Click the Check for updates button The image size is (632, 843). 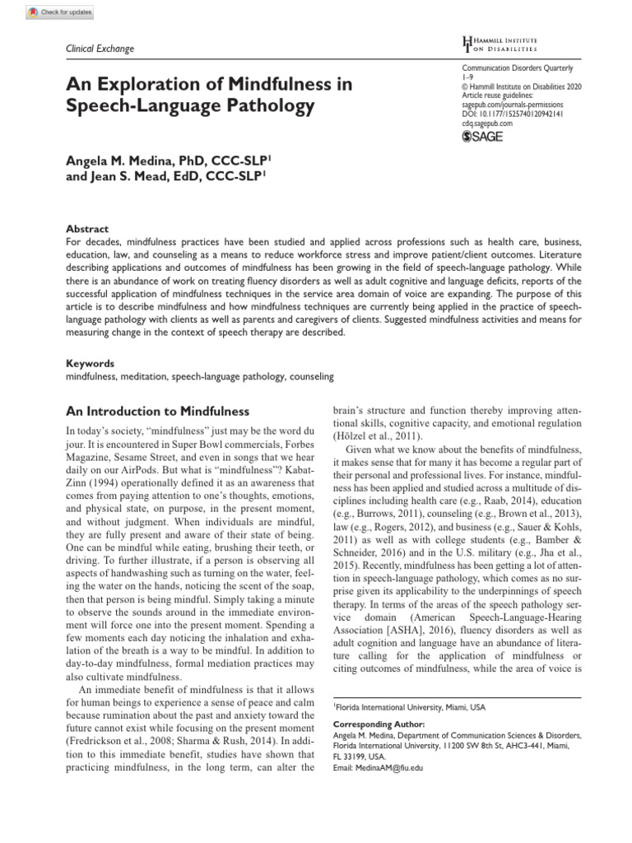point(60,12)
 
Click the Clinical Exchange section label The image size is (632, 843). point(99,49)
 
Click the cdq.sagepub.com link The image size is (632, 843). point(487,123)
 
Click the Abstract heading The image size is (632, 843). point(86,229)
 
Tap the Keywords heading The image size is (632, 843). point(90,363)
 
